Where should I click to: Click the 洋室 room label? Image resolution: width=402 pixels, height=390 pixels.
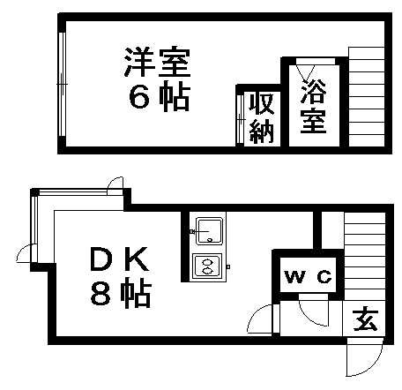coord(157,61)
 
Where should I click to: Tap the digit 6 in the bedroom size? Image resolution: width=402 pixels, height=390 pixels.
coord(139,98)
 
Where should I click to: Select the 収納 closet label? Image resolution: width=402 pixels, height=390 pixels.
coord(262,118)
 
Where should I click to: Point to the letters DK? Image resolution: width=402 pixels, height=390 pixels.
coord(120,259)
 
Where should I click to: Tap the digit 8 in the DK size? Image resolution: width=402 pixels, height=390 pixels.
coord(100,294)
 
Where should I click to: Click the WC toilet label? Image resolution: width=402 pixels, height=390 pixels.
coord(309,276)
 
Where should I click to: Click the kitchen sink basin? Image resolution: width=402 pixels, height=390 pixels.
coord(209,231)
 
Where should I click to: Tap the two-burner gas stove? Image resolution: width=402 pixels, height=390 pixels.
coord(207,266)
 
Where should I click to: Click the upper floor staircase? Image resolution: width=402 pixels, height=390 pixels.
coord(367,96)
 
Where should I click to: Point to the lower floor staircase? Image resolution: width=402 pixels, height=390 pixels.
coord(365,257)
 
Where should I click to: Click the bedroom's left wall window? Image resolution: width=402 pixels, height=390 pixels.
coord(62,84)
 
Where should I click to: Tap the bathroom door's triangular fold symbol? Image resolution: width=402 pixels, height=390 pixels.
coord(305,73)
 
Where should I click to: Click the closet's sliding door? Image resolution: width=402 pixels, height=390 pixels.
coord(240,119)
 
